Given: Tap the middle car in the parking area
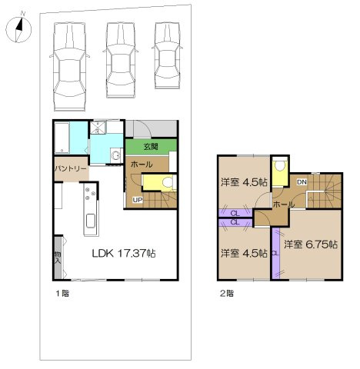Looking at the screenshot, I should [x=122, y=58].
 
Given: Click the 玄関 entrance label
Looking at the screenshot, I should [x=152, y=147].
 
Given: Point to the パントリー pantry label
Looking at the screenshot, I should [x=70, y=168].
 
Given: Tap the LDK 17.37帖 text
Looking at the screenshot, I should [x=125, y=252].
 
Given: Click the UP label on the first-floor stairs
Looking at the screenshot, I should [x=137, y=201].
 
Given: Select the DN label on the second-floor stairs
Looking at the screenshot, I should [x=302, y=182].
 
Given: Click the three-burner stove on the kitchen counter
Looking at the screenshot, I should [x=91, y=191].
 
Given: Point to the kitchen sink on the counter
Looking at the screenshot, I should [x=90, y=222].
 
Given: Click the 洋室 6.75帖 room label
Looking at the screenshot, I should [x=312, y=244].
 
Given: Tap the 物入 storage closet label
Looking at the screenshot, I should [x=58, y=258].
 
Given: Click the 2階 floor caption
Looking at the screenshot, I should [x=226, y=293].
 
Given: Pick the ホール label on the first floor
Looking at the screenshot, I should [x=141, y=165].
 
